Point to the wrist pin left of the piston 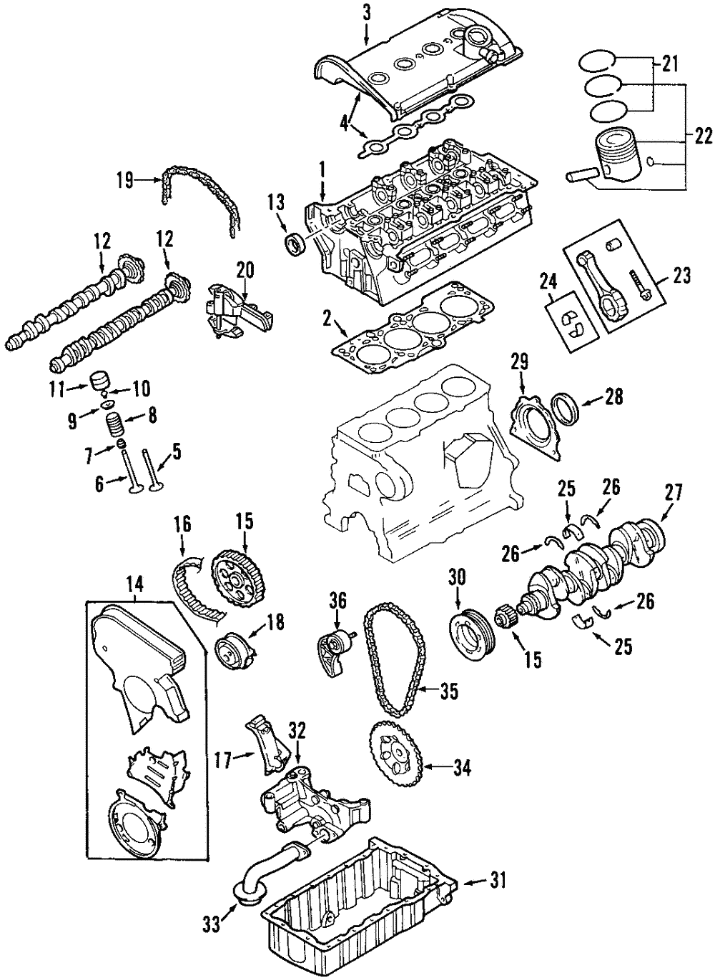(x=582, y=174)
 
